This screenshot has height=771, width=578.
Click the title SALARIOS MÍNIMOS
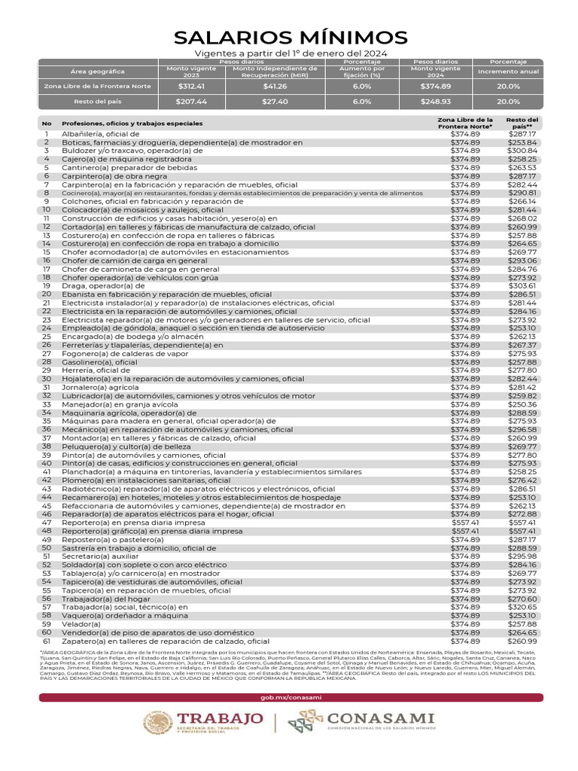coord(291,38)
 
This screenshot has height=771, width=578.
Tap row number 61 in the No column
coord(47,641)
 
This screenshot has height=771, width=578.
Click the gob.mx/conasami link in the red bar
coord(291,697)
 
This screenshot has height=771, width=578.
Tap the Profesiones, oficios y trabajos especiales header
coord(132,123)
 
